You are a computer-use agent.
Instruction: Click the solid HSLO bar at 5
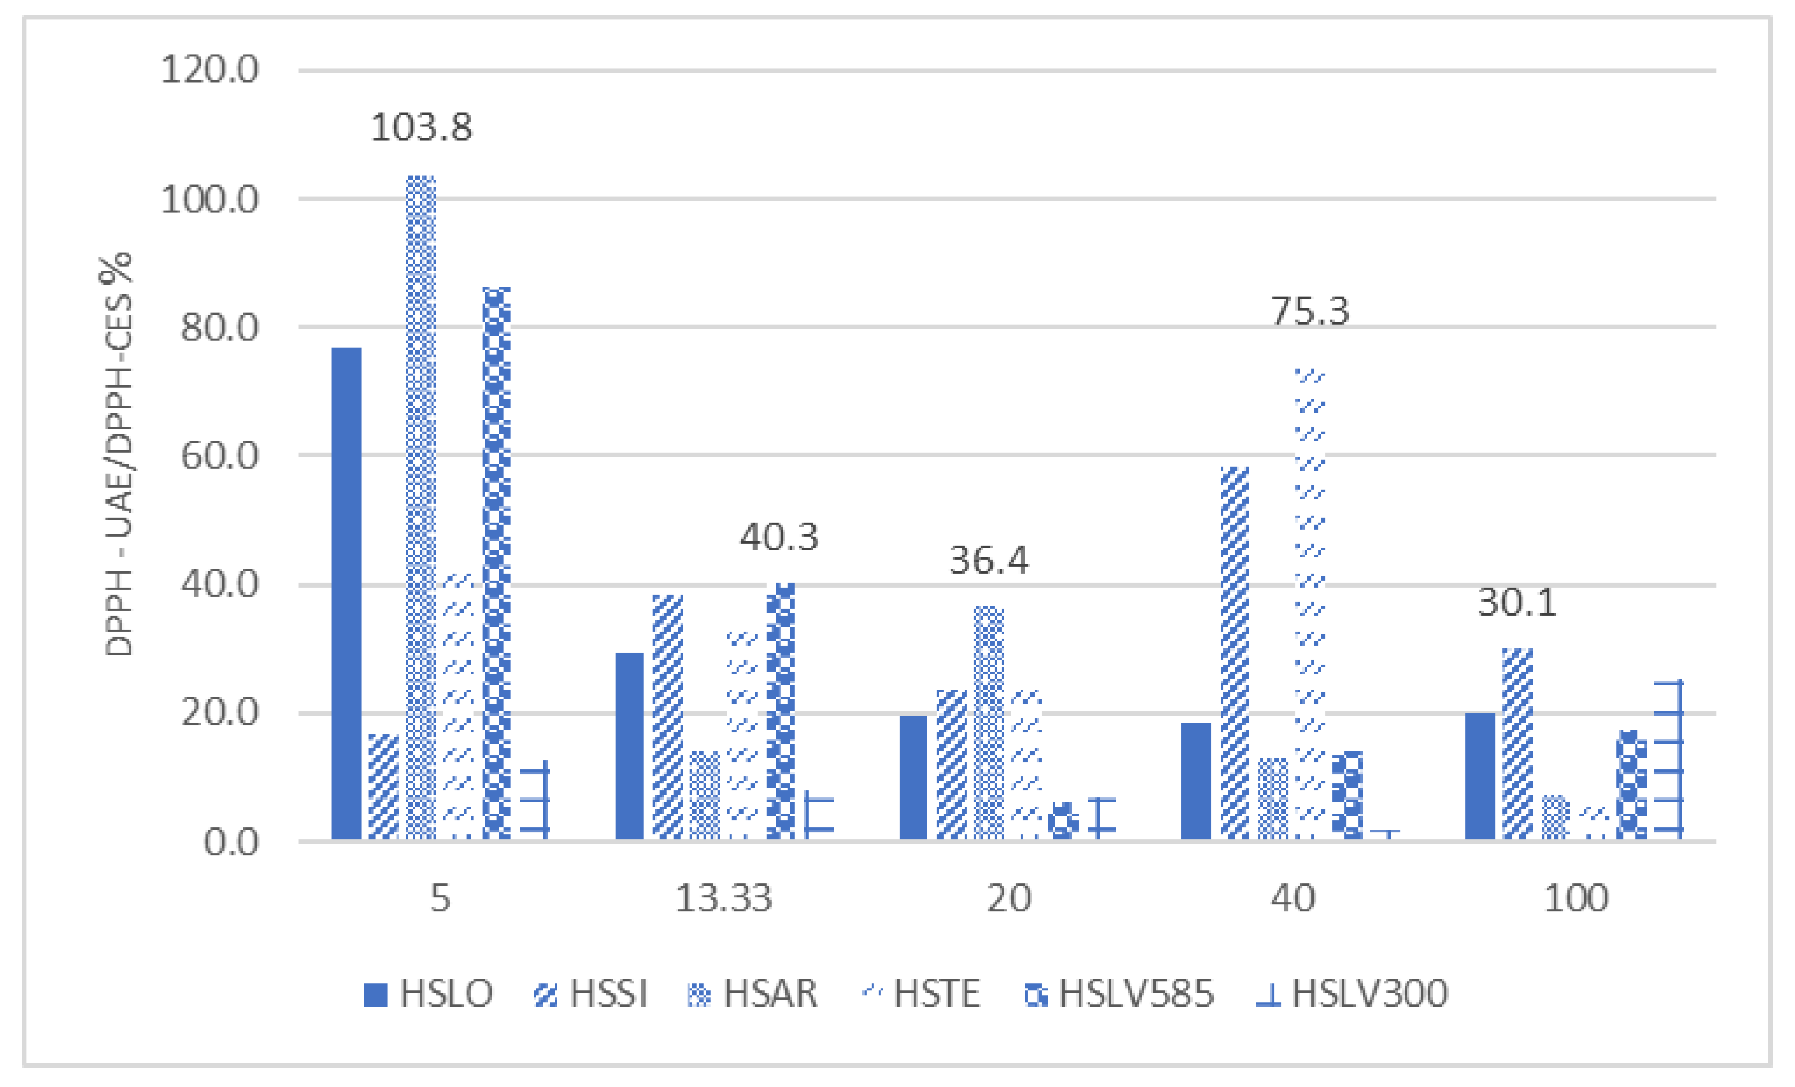(346, 594)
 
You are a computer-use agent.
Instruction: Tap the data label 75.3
(1310, 311)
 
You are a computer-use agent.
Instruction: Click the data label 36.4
(989, 560)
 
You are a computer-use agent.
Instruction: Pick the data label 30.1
(1517, 602)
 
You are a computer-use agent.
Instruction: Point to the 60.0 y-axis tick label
(219, 456)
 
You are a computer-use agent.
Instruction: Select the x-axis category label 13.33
(723, 898)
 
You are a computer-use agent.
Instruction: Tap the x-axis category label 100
(1576, 898)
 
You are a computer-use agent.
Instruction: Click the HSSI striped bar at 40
(1234, 653)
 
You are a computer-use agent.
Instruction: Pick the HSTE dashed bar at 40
(1310, 605)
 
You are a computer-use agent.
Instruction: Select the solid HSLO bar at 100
(1480, 777)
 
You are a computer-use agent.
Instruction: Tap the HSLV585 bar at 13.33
(780, 712)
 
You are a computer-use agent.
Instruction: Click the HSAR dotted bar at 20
(989, 723)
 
